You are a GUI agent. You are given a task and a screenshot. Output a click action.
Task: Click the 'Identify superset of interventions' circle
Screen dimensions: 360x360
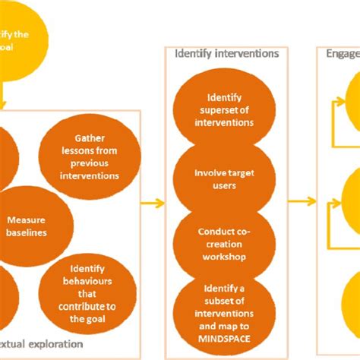coord(222,107)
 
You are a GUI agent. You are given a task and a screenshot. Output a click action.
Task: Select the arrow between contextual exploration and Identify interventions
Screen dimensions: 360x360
coord(154,203)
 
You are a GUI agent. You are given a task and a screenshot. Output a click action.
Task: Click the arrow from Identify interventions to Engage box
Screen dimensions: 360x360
coord(302,202)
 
